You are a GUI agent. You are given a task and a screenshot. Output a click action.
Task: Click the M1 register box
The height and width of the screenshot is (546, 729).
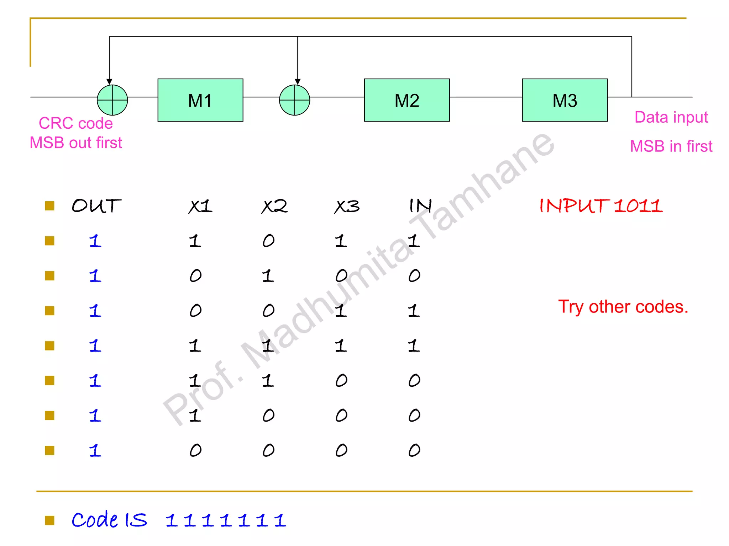click(x=200, y=100)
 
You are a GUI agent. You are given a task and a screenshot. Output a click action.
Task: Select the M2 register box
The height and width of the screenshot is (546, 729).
click(x=407, y=100)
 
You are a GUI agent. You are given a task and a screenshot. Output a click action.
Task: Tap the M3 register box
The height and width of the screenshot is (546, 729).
click(x=565, y=100)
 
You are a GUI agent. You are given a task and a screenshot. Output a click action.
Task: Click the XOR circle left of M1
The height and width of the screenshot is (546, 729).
click(x=112, y=100)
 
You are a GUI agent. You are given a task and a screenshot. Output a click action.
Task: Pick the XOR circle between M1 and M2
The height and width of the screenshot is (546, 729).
click(x=294, y=100)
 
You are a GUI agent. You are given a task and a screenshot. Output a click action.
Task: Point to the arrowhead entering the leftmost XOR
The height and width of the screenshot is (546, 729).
click(x=109, y=82)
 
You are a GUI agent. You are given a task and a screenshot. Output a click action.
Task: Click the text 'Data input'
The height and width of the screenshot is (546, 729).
click(x=671, y=117)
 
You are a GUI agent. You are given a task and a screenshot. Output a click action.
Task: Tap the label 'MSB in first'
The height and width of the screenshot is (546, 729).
click(x=671, y=146)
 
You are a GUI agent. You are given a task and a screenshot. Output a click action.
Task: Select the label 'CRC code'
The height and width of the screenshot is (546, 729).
click(x=76, y=123)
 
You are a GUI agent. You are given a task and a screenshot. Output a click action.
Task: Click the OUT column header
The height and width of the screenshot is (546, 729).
click(x=96, y=206)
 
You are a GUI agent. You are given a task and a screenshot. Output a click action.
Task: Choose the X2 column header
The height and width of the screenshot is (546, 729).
click(x=274, y=206)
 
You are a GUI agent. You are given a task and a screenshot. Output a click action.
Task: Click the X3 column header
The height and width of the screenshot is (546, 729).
click(x=347, y=206)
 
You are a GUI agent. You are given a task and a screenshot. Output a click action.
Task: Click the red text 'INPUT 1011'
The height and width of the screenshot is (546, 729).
click(x=601, y=206)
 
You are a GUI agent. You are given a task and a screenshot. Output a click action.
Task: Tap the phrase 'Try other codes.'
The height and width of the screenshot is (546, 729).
click(x=623, y=307)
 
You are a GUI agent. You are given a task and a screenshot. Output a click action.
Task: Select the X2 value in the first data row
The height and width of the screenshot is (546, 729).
click(x=268, y=241)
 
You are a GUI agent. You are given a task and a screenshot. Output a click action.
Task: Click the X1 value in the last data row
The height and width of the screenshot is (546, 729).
click(x=195, y=450)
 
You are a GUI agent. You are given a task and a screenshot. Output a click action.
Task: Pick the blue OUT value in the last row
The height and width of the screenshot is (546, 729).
click(x=95, y=450)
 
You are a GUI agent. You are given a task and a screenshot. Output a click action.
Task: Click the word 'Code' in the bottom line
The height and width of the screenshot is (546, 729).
click(x=95, y=520)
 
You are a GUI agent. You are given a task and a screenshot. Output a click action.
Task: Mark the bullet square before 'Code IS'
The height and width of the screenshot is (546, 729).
click(x=49, y=520)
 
